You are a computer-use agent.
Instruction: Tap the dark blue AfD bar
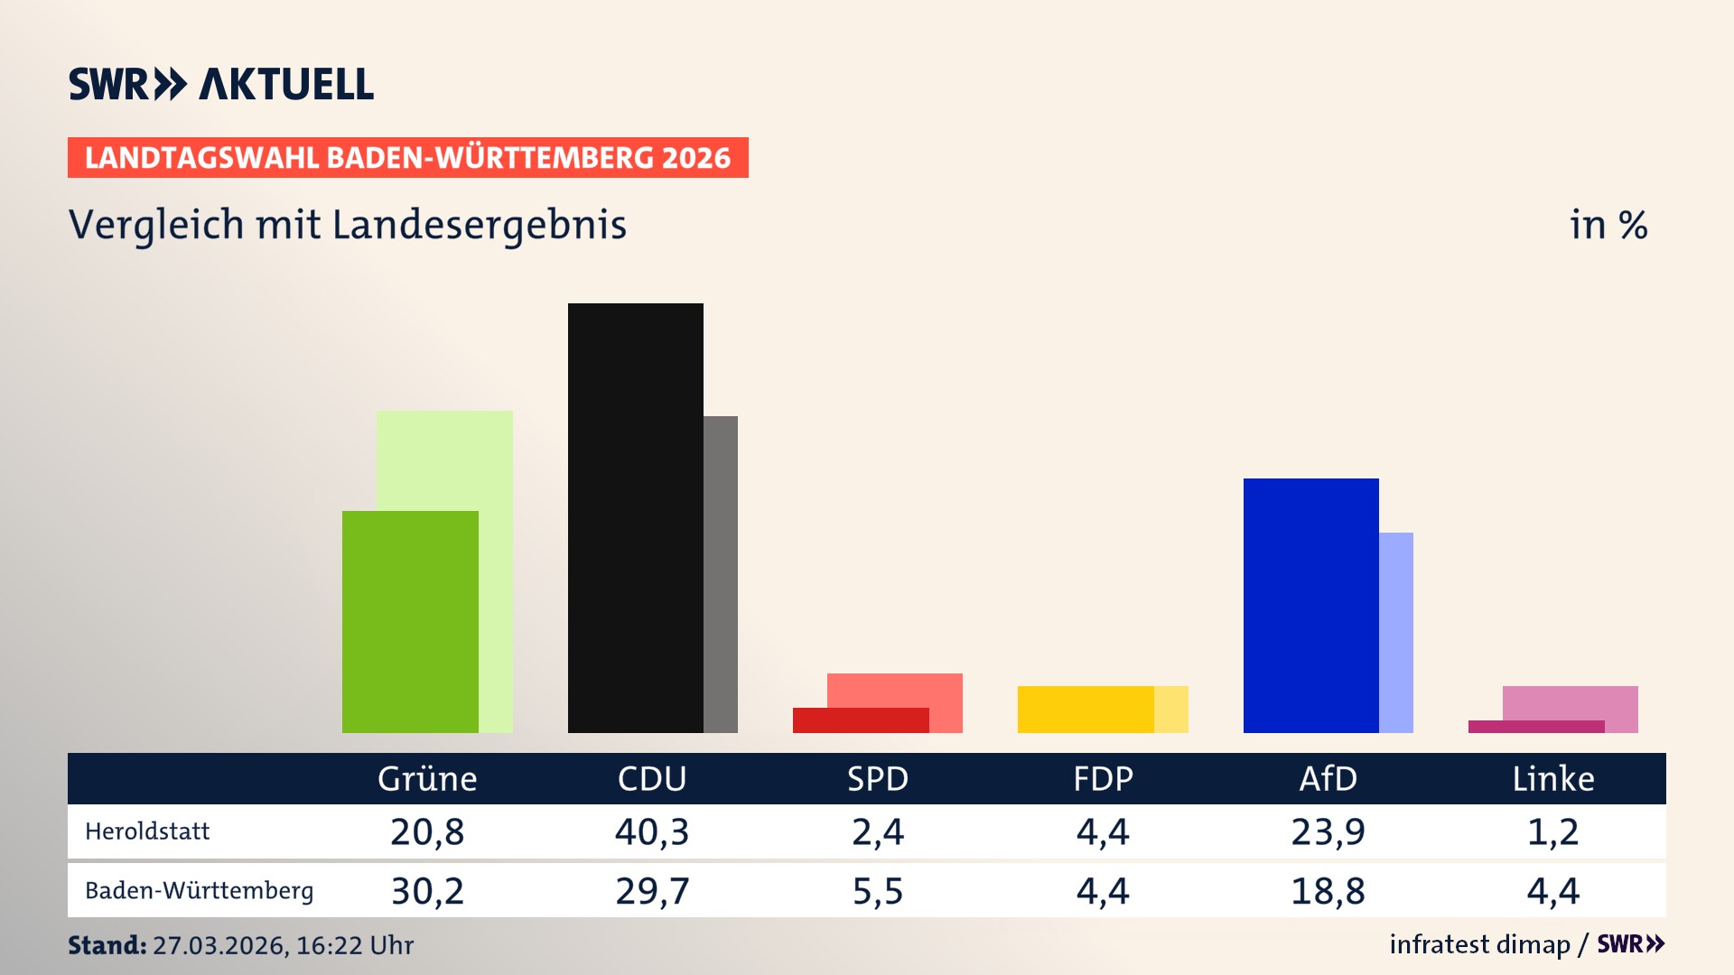1310,605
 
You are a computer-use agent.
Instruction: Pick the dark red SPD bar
860,720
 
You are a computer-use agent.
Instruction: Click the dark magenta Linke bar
1535,727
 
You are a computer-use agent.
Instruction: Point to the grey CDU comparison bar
721,574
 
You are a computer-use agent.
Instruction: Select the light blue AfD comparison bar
1396,632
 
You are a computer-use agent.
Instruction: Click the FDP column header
1103,779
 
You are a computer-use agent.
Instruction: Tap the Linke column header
1553,779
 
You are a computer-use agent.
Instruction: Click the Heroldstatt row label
147,831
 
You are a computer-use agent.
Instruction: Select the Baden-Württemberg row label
199,891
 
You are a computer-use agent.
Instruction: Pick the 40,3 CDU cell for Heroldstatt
652,831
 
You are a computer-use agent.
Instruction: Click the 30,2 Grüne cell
427,891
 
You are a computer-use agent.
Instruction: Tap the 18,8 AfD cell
1328,891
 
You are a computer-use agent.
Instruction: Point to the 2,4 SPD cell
878,831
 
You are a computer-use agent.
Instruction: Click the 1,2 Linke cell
1553,831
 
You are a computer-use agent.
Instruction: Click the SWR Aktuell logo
221,84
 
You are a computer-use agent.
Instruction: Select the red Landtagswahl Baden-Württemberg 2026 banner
407,158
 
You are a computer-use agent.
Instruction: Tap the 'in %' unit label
1608,225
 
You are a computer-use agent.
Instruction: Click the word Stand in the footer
107,945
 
